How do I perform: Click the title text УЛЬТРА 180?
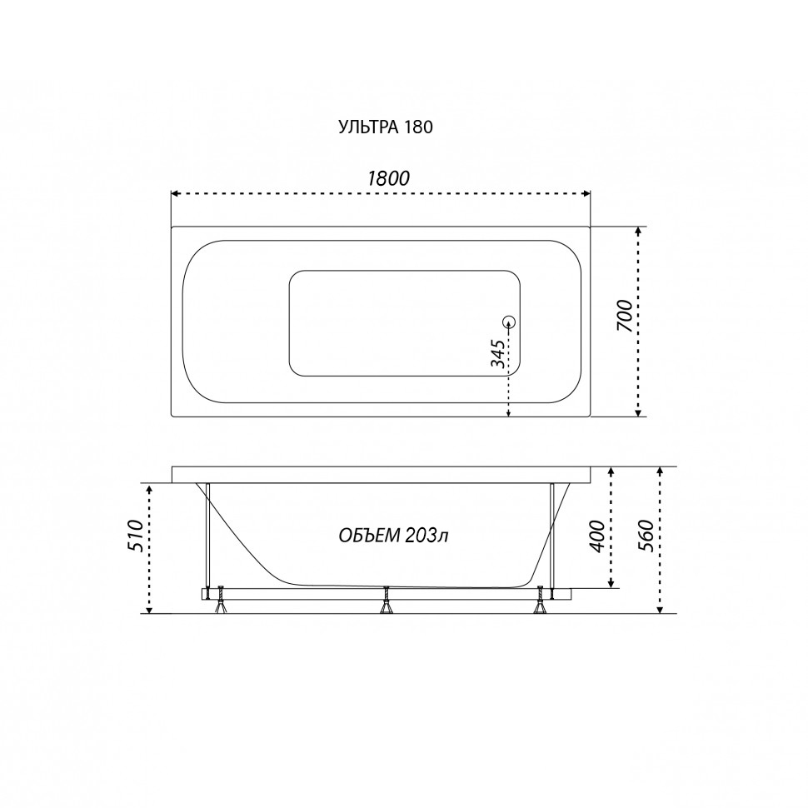[386, 127]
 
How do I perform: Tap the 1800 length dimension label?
[388, 178]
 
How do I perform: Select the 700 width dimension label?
[624, 316]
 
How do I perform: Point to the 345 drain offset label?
[497, 353]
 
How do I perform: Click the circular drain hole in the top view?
[509, 322]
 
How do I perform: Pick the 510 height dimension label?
[134, 536]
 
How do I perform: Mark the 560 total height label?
[646, 536]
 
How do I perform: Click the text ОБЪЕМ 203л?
[393, 536]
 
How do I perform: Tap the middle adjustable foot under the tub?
[386, 601]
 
